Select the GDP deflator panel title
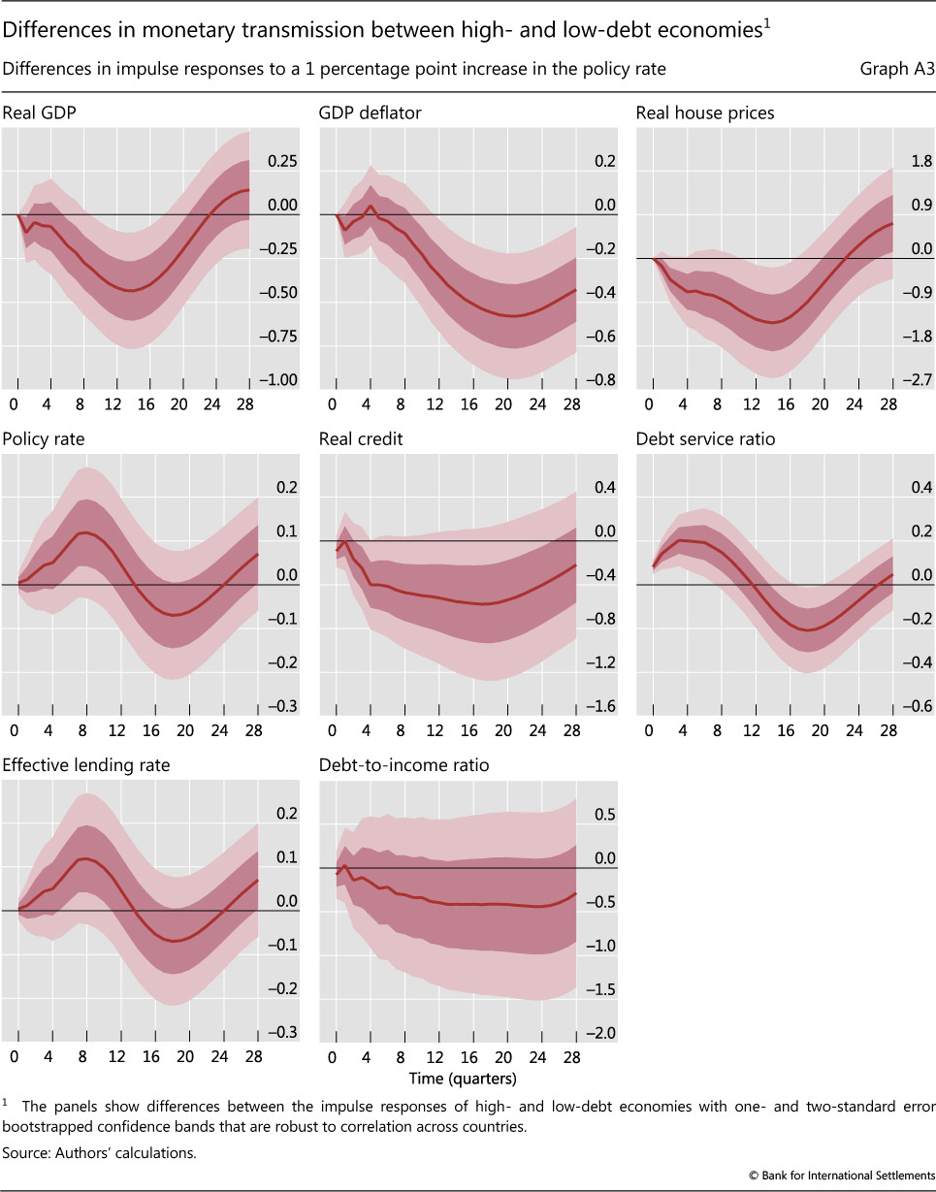370,113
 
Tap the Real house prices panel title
705,113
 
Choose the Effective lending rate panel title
86,765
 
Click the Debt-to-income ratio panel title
403,765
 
